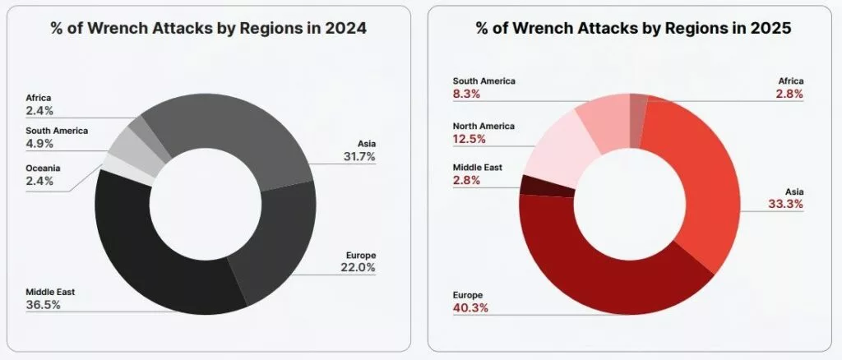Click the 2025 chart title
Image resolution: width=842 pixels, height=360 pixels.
click(632, 28)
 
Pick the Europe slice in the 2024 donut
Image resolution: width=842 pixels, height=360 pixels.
click(275, 247)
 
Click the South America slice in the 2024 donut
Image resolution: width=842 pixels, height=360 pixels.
click(125, 145)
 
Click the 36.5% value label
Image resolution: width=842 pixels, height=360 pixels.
click(44, 305)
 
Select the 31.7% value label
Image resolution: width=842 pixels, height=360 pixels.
click(359, 158)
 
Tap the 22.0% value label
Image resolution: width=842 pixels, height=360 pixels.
click(359, 267)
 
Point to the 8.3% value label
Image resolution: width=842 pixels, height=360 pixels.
click(465, 94)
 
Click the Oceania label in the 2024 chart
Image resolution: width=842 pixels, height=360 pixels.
click(44, 168)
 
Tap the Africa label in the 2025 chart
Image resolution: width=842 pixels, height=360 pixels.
click(790, 81)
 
